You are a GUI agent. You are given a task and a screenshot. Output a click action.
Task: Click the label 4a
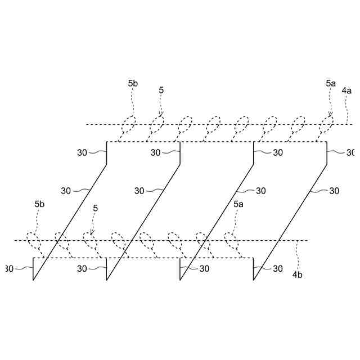(346, 90)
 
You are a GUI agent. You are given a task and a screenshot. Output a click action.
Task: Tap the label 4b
(298, 275)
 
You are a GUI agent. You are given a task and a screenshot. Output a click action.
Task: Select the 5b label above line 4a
(133, 84)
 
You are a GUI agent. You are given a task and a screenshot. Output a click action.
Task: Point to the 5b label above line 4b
(39, 204)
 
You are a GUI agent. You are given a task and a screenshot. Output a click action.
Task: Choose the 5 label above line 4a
(161, 89)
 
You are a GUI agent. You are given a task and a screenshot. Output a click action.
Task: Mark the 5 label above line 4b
(95, 208)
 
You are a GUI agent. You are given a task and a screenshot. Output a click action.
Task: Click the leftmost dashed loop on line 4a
(130, 123)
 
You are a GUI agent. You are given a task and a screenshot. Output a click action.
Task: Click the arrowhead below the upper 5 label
(161, 115)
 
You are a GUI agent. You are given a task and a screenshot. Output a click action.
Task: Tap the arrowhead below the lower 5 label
(92, 233)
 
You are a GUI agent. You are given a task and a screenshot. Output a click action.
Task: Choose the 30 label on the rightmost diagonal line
(334, 191)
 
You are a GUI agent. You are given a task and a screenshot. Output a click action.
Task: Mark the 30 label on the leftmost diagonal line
(66, 191)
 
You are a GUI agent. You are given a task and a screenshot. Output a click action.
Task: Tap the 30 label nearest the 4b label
(277, 269)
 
